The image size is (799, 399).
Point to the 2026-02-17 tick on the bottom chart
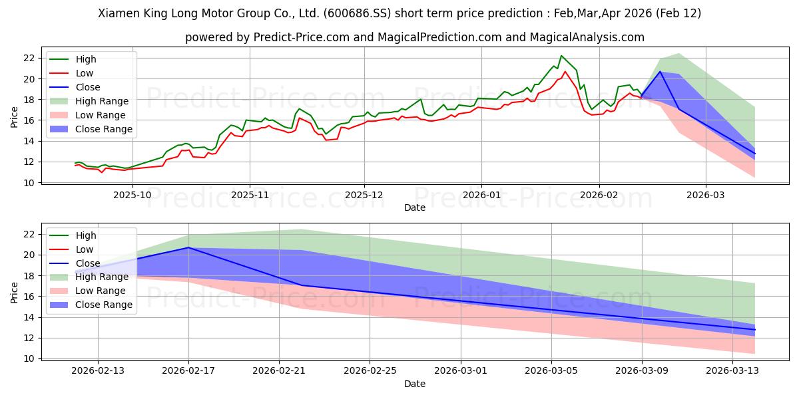point(188,370)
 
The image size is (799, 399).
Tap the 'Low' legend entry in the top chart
point(85,73)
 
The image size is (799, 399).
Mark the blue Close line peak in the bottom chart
point(188,247)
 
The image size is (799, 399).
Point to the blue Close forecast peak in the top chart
point(660,72)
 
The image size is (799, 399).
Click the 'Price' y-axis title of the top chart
point(15,117)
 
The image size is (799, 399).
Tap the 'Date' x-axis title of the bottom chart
point(414,384)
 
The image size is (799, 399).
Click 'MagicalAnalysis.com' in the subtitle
point(587,37)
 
